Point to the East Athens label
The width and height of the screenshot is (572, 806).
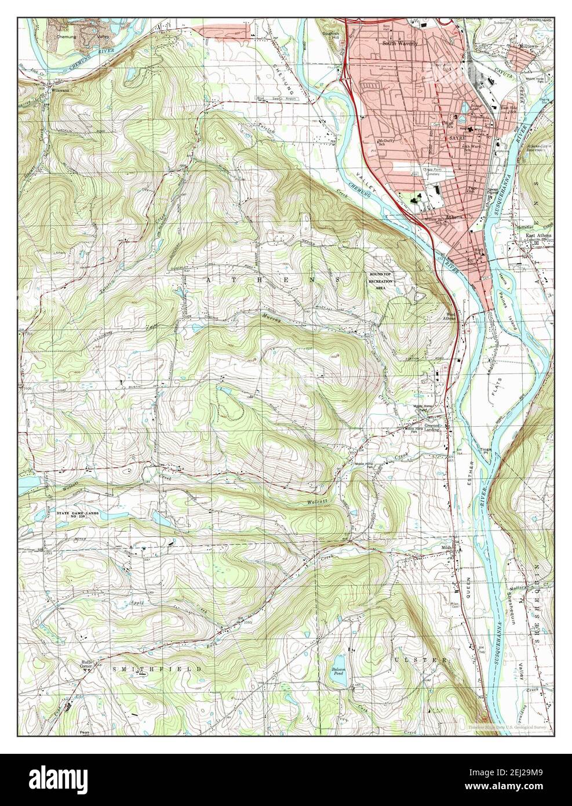[538, 235]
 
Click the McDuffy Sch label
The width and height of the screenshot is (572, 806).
[385, 143]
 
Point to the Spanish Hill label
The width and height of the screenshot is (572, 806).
[331, 35]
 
